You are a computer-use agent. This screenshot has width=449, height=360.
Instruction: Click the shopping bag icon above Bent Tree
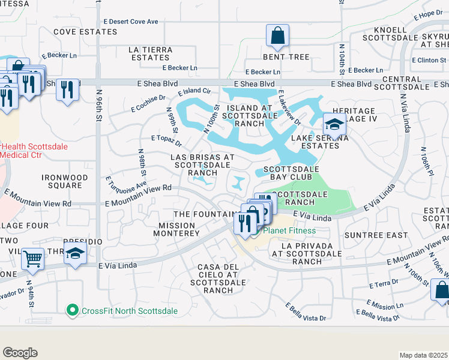click(277, 36)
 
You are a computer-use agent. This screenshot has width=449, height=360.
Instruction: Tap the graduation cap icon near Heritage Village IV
click(335, 124)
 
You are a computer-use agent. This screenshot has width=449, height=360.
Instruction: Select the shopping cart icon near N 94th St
click(33, 259)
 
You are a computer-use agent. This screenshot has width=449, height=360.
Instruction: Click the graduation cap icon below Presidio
click(76, 253)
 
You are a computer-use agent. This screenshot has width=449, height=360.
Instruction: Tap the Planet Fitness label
click(291, 231)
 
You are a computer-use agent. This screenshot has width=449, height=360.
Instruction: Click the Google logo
click(20, 353)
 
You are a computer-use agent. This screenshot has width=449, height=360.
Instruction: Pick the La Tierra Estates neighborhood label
click(150, 53)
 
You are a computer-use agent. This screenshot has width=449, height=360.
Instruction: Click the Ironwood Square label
click(65, 182)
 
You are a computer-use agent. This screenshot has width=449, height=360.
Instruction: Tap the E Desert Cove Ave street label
click(131, 22)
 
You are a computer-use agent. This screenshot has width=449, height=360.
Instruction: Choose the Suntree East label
click(380, 235)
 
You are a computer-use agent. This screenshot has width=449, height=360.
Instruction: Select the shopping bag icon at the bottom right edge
click(441, 290)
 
